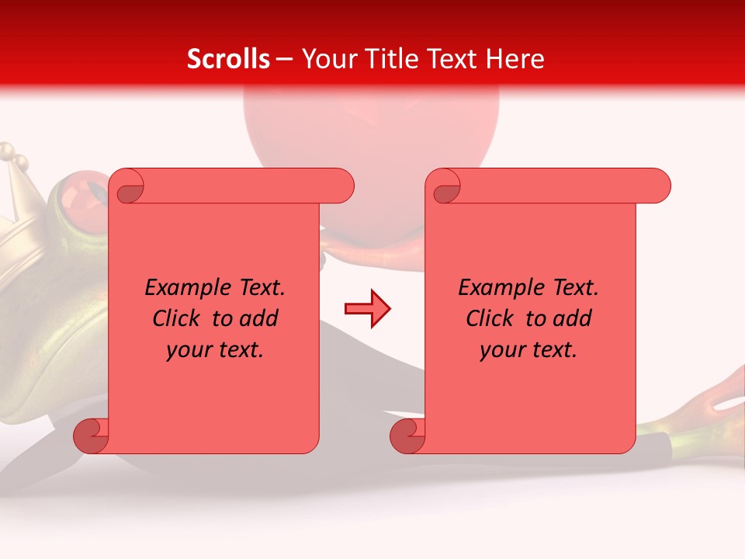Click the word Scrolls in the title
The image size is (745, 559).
point(229,59)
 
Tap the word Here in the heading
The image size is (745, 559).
point(515,59)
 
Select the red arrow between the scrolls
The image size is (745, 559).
point(367,309)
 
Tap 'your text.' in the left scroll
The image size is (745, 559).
point(215,350)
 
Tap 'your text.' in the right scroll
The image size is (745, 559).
point(528,350)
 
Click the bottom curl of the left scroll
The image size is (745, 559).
point(91,436)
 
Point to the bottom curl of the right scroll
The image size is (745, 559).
point(407,436)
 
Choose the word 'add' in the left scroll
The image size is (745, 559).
point(259,318)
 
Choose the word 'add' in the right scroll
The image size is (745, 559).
point(573,318)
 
